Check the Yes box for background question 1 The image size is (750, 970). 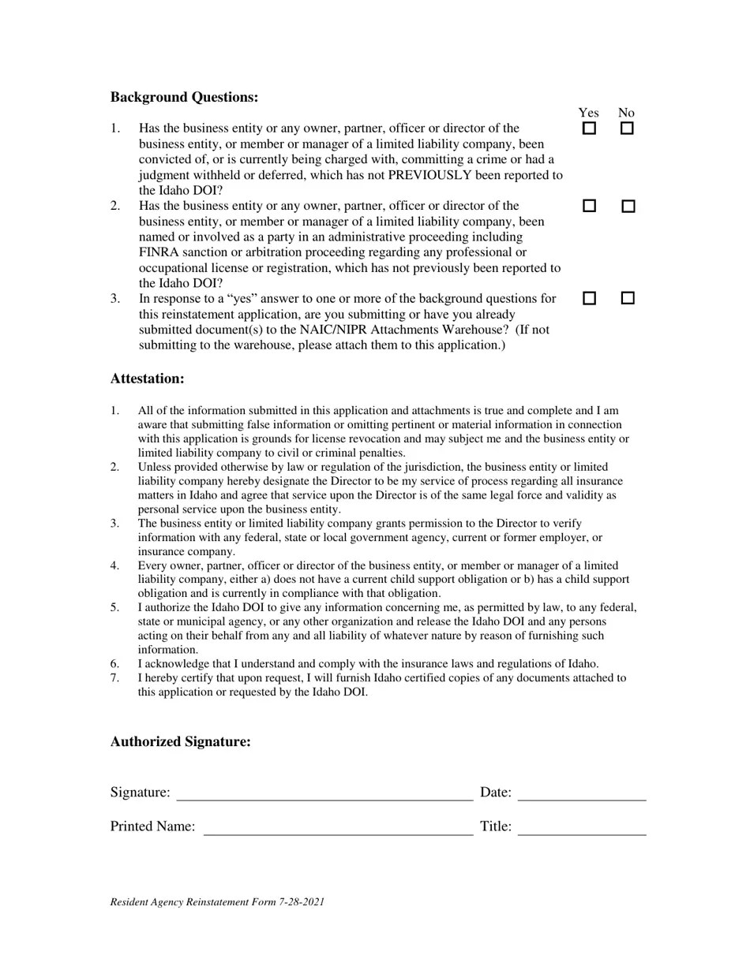point(589,129)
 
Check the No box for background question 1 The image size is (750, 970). point(627,129)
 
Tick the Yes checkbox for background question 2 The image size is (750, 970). point(589,206)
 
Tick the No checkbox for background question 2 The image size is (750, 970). point(628,206)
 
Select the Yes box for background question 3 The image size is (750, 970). point(589,298)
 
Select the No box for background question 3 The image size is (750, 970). point(628,298)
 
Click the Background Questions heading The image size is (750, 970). point(184,97)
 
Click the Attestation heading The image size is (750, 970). point(147,379)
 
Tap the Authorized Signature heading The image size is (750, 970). point(180,741)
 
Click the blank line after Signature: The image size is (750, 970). point(324,793)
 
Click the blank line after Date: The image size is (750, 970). point(582,793)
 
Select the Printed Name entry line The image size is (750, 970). point(338,827)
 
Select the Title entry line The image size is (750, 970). point(582,827)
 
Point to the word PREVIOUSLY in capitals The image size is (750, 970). point(434,175)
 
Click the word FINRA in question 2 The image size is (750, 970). point(158,252)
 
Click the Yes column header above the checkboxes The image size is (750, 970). point(588,113)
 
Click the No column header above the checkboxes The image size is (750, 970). point(626,113)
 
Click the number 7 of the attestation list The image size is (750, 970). point(114,677)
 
